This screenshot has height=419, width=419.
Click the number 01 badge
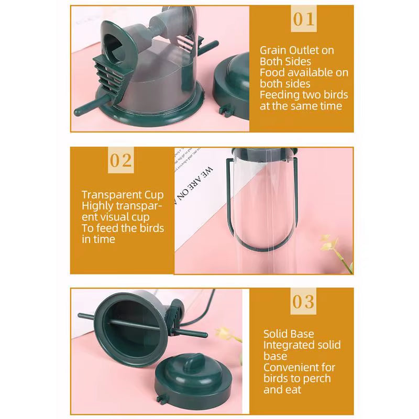(x=304, y=19)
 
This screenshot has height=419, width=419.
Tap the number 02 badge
(x=120, y=160)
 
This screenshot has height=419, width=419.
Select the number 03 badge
(x=304, y=302)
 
